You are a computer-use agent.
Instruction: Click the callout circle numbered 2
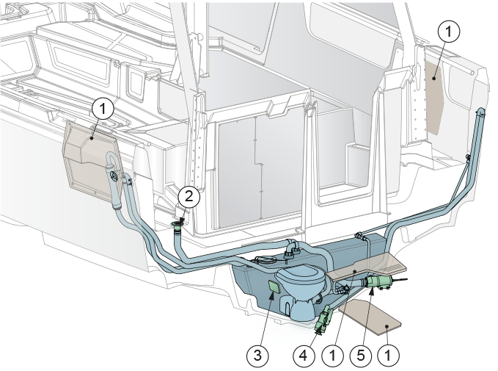pyautogui.click(x=189, y=197)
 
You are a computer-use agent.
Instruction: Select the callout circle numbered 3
pyautogui.click(x=257, y=355)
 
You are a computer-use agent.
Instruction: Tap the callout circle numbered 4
pyautogui.click(x=304, y=355)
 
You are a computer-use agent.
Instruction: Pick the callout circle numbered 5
pyautogui.click(x=361, y=355)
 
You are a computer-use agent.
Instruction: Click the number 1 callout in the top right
pyautogui.click(x=448, y=31)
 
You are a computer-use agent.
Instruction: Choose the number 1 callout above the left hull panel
pyautogui.click(x=103, y=109)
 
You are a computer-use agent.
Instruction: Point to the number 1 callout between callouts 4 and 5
pyautogui.click(x=332, y=355)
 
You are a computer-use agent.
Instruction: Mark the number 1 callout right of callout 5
pyautogui.click(x=388, y=355)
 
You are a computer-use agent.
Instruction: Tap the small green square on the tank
pyautogui.click(x=274, y=287)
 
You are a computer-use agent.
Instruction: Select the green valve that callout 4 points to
pyautogui.click(x=323, y=319)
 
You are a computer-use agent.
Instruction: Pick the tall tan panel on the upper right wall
pyautogui.click(x=434, y=97)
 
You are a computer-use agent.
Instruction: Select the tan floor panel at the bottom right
pyautogui.click(x=370, y=317)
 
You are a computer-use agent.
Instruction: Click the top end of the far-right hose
pyautogui.click(x=481, y=112)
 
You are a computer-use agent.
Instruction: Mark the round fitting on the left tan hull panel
pyautogui.click(x=114, y=176)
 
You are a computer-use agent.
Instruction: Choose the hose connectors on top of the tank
pyautogui.click(x=292, y=249)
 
